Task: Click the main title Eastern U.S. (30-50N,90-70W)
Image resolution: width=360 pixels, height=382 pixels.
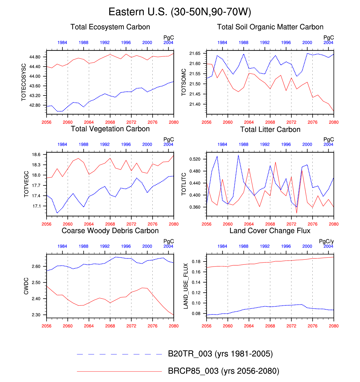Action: pyautogui.click(x=180, y=12)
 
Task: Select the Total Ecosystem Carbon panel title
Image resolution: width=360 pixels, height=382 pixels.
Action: pyautogui.click(x=110, y=27)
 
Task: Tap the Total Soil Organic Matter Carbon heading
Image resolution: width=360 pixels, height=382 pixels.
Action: pyautogui.click(x=270, y=27)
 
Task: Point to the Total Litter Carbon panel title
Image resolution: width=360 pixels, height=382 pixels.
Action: pyautogui.click(x=270, y=130)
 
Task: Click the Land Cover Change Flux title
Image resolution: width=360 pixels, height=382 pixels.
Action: pyautogui.click(x=270, y=231)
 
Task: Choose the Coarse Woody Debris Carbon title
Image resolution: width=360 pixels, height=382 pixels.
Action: pyautogui.click(x=110, y=231)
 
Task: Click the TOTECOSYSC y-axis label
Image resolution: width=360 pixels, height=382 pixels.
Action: pyautogui.click(x=24, y=82)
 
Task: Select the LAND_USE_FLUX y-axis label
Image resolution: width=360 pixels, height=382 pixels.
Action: pyautogui.click(x=186, y=286)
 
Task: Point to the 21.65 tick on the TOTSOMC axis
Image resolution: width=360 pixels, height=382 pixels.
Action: pyautogui.click(x=195, y=53)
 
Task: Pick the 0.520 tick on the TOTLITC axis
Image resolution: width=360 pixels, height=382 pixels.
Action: pyautogui.click(x=195, y=159)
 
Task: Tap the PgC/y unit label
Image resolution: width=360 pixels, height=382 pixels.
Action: pyautogui.click(x=326, y=242)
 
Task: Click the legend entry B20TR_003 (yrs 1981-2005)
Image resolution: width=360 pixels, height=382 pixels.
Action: pyautogui.click(x=220, y=354)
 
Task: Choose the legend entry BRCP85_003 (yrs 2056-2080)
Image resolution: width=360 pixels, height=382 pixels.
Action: pyautogui.click(x=224, y=371)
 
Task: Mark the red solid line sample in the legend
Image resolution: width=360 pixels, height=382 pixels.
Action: pyautogui.click(x=119, y=371)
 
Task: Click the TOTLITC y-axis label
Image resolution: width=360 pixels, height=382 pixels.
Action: pyautogui.click(x=184, y=184)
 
